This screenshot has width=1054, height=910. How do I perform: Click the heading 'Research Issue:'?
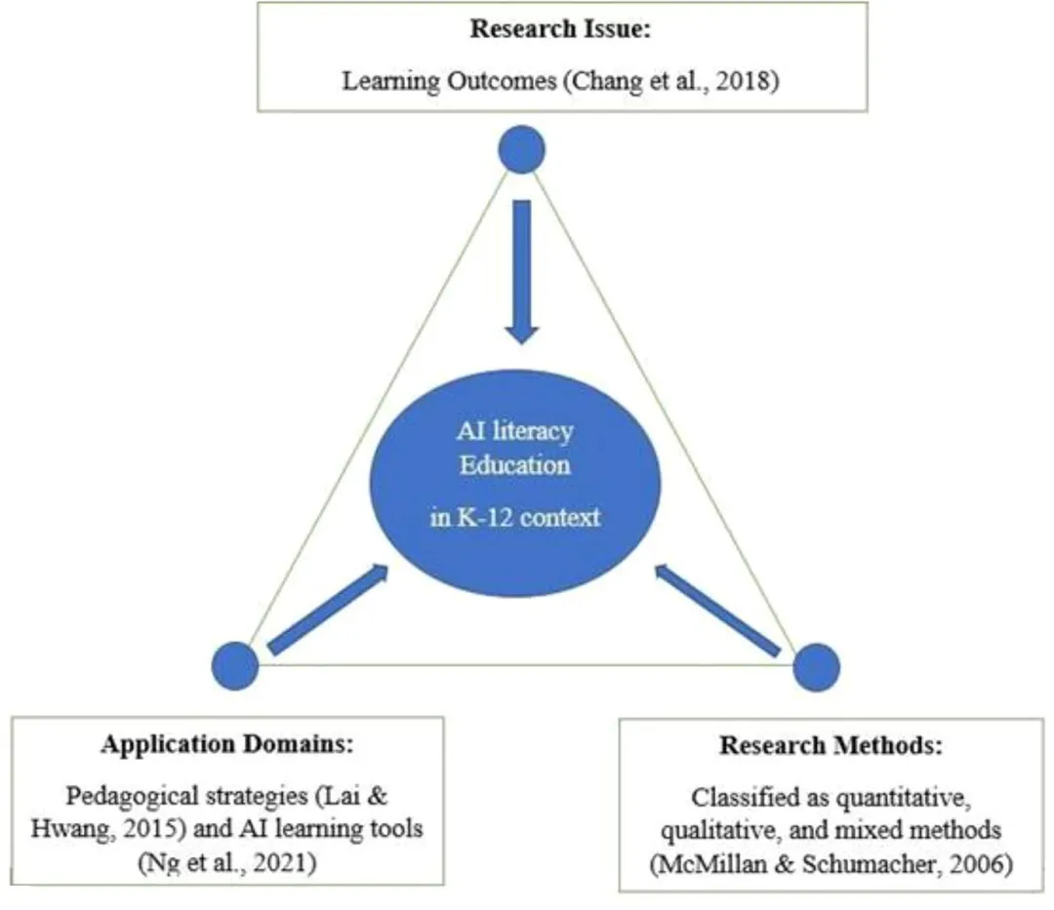point(560,28)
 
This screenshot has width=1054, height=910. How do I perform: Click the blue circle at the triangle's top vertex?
point(521,150)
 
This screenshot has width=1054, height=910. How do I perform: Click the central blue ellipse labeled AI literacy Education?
point(515,482)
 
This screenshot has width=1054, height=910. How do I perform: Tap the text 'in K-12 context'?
point(515,517)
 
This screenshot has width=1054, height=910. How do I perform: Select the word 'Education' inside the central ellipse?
point(515,464)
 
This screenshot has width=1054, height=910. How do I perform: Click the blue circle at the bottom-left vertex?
point(235,666)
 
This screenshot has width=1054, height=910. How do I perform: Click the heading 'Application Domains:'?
point(226,746)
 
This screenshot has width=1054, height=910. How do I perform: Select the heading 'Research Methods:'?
point(831,747)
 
